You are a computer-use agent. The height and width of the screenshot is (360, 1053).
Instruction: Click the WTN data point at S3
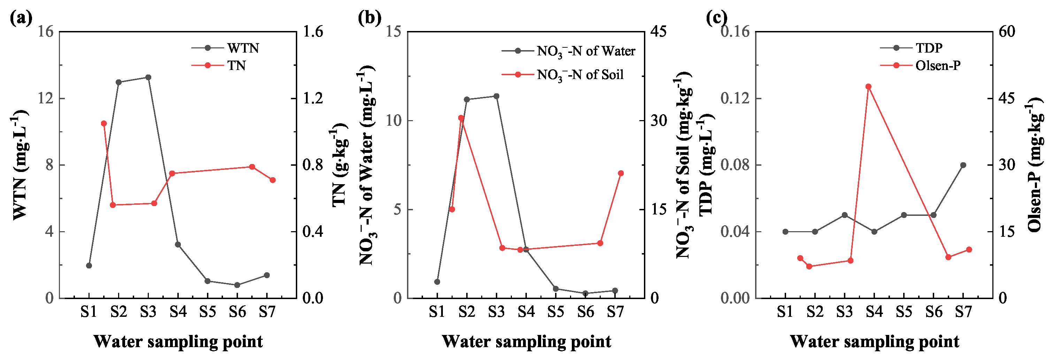tap(148, 77)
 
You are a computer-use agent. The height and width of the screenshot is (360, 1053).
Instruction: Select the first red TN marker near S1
tap(104, 123)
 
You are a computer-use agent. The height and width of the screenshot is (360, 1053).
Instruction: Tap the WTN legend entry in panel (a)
tap(243, 48)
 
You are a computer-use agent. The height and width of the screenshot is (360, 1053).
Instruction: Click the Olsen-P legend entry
tap(938, 65)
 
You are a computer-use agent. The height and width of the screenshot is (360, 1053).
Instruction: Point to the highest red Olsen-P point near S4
tap(869, 87)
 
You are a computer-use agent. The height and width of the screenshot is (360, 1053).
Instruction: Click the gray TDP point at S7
tap(963, 165)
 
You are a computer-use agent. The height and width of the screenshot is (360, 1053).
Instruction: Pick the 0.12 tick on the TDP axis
tap(735, 99)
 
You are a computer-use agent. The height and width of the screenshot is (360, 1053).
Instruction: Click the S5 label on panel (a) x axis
tap(208, 312)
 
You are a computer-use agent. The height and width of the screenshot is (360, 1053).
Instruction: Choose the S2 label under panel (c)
tap(815, 312)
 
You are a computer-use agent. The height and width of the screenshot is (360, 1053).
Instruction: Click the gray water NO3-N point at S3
tap(496, 96)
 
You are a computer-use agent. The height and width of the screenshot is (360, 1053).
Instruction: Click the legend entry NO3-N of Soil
tap(580, 75)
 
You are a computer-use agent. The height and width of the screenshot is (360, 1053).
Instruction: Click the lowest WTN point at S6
tap(237, 285)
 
